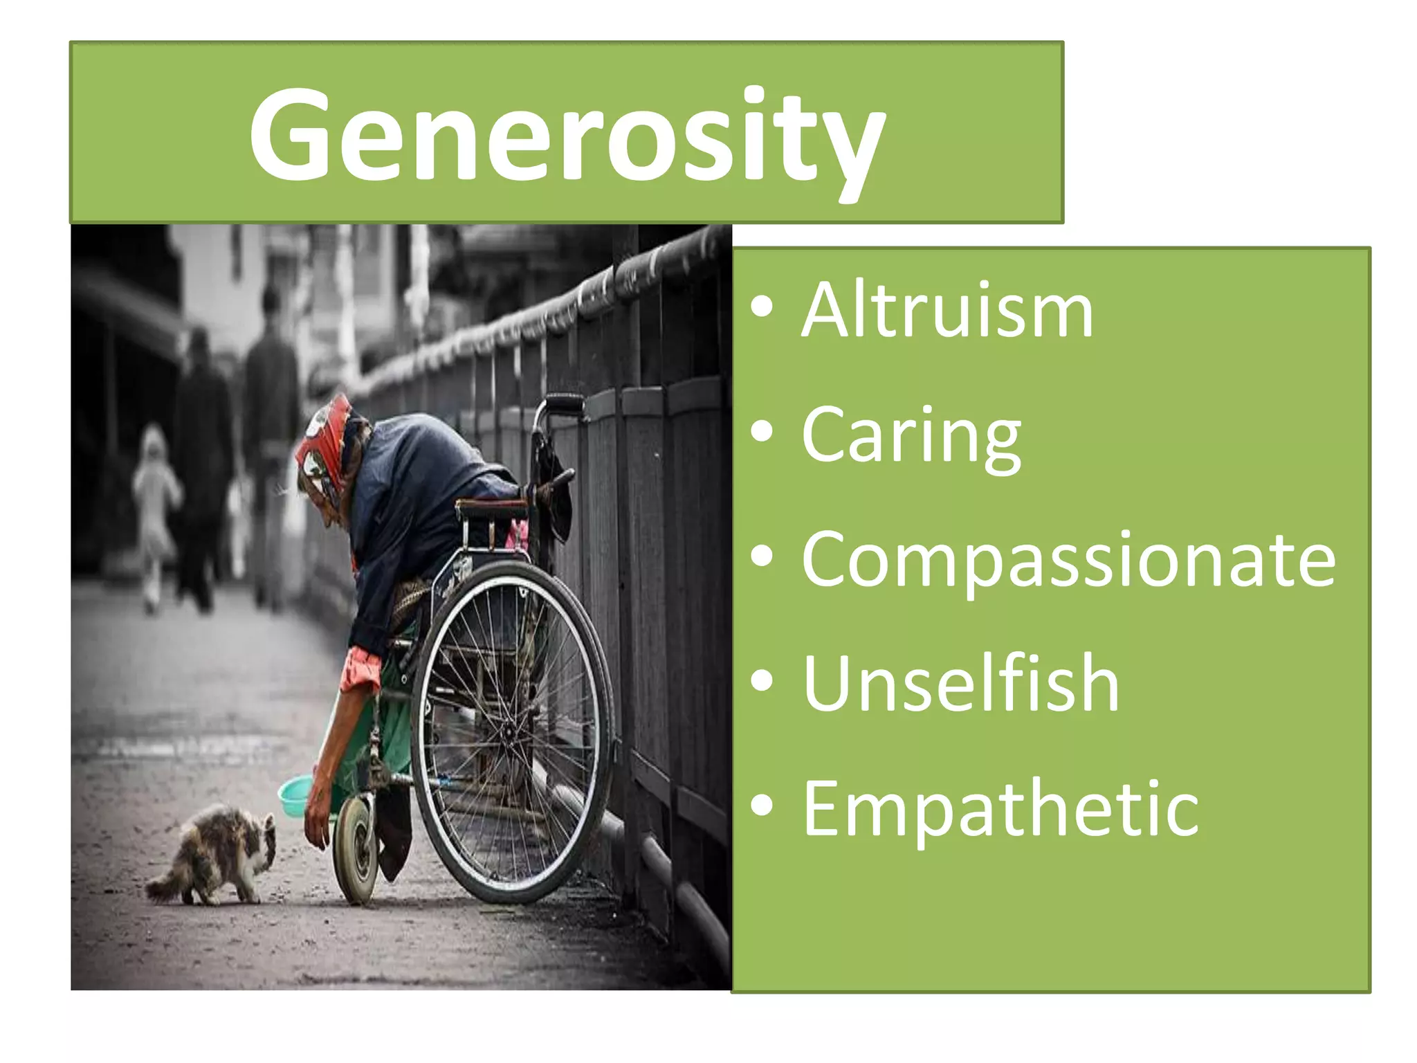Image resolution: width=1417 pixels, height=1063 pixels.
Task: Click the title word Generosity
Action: [567, 135]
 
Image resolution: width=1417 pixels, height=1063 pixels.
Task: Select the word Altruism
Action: [947, 311]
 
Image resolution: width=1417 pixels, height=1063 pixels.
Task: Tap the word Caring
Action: [911, 435]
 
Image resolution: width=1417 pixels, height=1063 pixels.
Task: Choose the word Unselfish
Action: [960, 684]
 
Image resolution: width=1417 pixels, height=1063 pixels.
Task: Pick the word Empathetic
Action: [1000, 808]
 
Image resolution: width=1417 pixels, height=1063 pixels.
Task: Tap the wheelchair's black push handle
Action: [564, 401]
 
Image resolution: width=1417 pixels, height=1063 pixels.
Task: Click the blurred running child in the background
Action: [155, 512]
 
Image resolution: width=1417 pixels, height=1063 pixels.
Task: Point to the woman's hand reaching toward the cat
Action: [318, 824]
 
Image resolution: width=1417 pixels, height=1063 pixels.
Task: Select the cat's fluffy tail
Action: [162, 887]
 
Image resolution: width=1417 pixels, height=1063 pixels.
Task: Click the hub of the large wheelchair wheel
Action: [509, 731]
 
